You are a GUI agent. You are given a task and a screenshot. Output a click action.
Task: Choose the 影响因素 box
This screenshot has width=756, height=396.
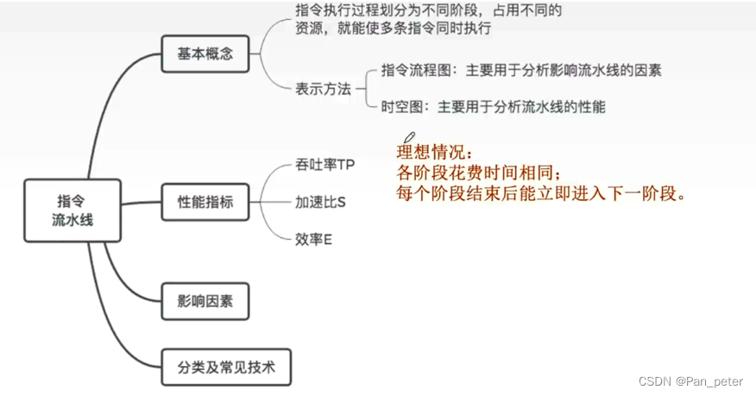(205, 303)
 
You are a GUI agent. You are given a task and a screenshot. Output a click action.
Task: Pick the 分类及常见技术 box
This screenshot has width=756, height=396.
(227, 367)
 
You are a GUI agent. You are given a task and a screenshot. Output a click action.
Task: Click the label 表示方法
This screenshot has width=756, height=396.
(323, 88)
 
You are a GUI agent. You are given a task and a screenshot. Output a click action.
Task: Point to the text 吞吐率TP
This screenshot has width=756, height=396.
(324, 164)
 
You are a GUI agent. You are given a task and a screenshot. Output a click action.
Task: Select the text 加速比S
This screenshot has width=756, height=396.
(320, 202)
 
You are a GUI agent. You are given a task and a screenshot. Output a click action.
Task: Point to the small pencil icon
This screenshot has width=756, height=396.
(409, 137)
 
